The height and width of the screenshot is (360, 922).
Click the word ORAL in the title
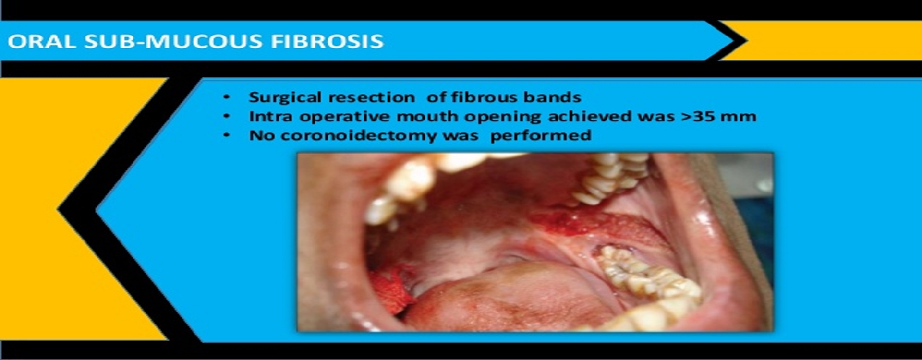(x=41, y=41)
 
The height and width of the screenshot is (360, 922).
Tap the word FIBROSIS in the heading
(x=327, y=41)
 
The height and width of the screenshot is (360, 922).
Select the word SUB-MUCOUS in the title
(x=173, y=41)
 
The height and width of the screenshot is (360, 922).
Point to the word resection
(x=372, y=97)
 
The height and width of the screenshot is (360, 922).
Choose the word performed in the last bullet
(x=540, y=136)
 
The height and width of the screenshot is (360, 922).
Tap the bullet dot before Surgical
(x=227, y=97)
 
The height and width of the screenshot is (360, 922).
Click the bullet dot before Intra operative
(x=227, y=117)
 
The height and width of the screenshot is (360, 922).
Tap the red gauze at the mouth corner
(x=391, y=288)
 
